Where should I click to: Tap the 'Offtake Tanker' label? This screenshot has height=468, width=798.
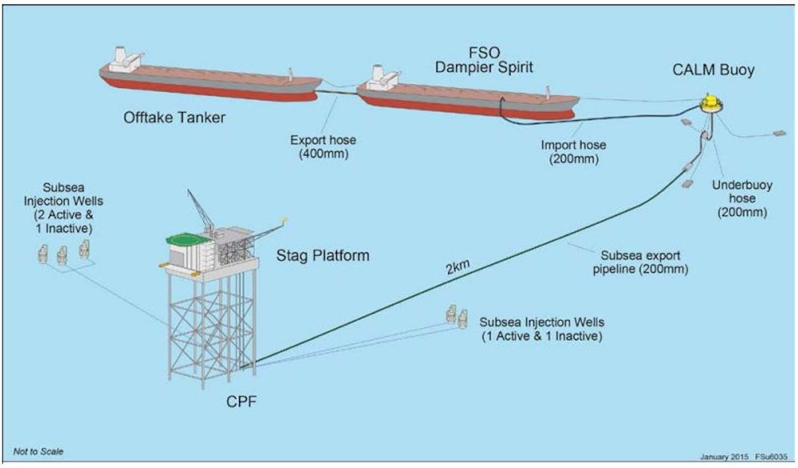pyautogui.click(x=174, y=118)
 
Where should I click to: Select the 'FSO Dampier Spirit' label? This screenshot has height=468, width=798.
pyautogui.click(x=484, y=60)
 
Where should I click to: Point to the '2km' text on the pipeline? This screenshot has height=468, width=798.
pyautogui.click(x=458, y=267)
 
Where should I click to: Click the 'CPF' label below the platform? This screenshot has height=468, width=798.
pyautogui.click(x=242, y=401)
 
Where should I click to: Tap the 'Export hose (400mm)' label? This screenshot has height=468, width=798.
pyautogui.click(x=323, y=147)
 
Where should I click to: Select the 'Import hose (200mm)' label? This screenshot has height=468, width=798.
pyautogui.click(x=574, y=152)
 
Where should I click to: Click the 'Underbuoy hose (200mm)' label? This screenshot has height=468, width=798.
pyautogui.click(x=741, y=199)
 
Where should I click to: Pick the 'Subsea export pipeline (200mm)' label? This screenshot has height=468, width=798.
pyautogui.click(x=640, y=262)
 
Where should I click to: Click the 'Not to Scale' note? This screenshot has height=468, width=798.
pyautogui.click(x=38, y=451)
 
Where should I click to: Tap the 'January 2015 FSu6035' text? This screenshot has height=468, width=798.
pyautogui.click(x=743, y=457)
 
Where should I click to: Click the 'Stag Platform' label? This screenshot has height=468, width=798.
pyautogui.click(x=323, y=256)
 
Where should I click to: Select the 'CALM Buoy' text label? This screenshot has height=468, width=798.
pyautogui.click(x=713, y=70)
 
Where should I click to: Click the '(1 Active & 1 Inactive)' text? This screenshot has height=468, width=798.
pyautogui.click(x=541, y=336)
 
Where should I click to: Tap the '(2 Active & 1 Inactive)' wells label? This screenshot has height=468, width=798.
pyautogui.click(x=63, y=221)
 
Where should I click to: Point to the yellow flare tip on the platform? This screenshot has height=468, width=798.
pyautogui.click(x=285, y=219)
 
